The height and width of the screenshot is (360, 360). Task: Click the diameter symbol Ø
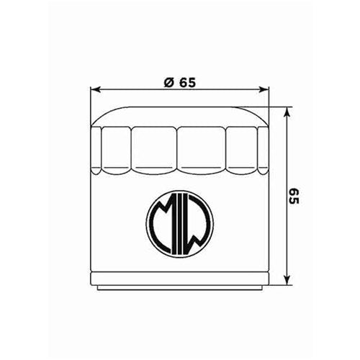point(167,81)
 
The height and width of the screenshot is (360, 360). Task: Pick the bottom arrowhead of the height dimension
point(287,280)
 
